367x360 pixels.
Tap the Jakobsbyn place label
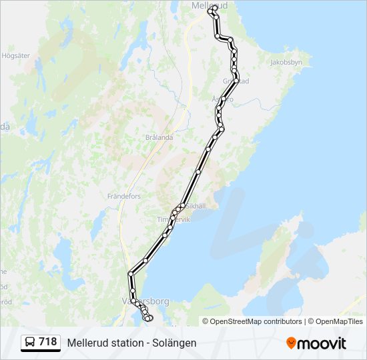click(286, 62)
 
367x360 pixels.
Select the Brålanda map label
click(159, 137)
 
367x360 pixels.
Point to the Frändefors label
click(124, 197)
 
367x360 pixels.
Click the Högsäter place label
click(16, 56)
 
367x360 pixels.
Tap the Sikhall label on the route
click(196, 206)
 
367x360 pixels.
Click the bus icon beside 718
click(31, 342)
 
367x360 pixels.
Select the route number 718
click(48, 342)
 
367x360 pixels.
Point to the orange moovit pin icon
click(291, 343)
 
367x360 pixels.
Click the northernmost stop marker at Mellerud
click(213, 9)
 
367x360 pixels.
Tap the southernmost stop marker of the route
click(148, 319)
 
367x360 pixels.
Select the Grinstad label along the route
click(235, 81)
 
